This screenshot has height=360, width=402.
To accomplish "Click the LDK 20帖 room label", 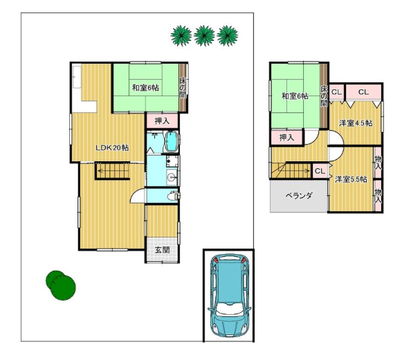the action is pos(112,147).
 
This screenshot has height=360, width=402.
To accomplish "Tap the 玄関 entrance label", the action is pos(163,250).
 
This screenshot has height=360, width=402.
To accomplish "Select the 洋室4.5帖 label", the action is pos(356,123).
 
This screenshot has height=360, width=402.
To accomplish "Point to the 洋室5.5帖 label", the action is pos(351,179).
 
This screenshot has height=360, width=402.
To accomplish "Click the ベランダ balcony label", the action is pos(299,196).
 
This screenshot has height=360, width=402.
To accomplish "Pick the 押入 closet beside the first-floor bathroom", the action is pos(163,121).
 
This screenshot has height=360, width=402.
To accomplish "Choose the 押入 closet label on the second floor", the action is pos(287,138).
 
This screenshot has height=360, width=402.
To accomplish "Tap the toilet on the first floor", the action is pos(173,197).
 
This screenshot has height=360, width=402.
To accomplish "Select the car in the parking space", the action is pos(229,296).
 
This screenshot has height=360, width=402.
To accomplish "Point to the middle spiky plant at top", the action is pos(204,36).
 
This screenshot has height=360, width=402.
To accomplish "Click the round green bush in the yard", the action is pos(61,285).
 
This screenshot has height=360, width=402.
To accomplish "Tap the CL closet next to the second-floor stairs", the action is pos(320,171).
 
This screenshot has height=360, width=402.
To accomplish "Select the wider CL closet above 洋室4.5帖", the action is pos(363,92).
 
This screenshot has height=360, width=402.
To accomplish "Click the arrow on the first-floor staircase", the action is pos(112,170).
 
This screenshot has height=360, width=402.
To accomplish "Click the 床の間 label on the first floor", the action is pos(183,87).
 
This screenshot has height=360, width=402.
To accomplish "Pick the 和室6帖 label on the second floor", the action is pos(295,96).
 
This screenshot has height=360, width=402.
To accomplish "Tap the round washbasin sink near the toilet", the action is pos(172,177).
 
